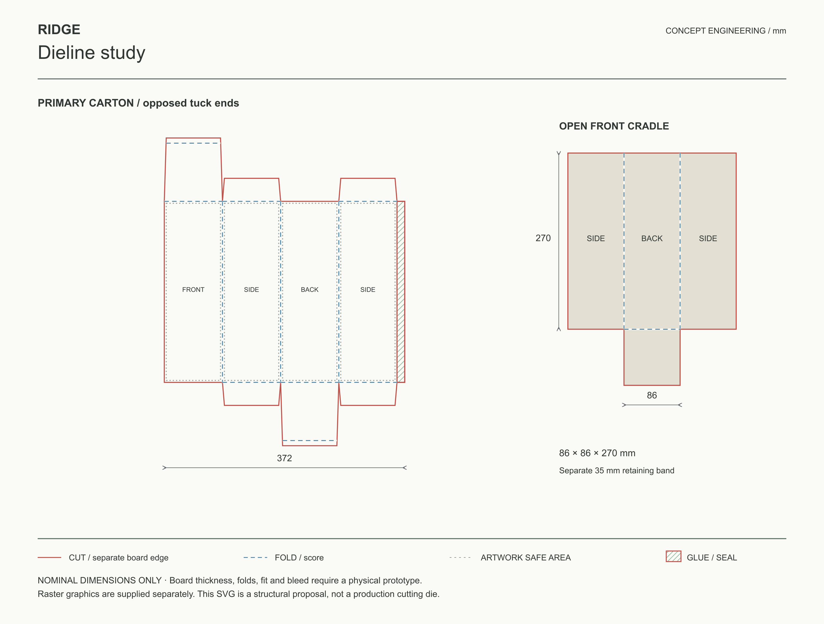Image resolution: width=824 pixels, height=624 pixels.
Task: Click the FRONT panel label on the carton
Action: tap(193, 289)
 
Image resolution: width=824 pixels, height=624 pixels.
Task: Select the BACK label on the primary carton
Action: tap(310, 289)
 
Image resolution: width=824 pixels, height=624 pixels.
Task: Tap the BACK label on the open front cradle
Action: tap(652, 238)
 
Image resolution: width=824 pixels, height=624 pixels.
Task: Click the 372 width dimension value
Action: tap(284, 458)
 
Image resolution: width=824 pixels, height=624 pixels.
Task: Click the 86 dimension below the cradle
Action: tap(652, 395)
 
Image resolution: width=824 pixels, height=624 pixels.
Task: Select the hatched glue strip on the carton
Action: tap(401, 292)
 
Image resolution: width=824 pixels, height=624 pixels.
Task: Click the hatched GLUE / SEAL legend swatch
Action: tap(674, 556)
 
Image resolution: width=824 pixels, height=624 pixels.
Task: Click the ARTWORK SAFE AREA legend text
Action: tap(526, 558)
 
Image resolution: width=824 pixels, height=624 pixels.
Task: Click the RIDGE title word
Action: tap(59, 29)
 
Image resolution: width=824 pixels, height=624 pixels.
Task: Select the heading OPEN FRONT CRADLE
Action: tap(614, 126)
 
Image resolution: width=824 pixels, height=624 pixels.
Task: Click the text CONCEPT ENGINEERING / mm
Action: tap(726, 31)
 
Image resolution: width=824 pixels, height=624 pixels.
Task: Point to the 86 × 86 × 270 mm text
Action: tap(597, 453)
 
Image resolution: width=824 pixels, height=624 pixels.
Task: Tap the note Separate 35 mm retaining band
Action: tap(617, 471)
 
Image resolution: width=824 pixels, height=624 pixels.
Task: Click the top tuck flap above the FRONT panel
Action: tap(193, 170)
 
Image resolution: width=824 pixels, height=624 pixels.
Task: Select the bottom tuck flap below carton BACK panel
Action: tap(310, 414)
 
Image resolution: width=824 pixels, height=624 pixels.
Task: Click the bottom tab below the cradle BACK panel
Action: tap(652, 357)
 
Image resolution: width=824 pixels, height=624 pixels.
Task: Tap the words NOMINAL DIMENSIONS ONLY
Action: tap(99, 580)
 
